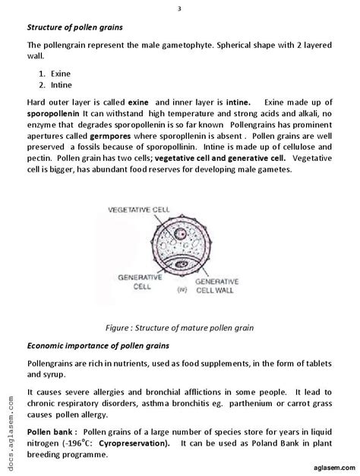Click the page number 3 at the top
coord(179,8)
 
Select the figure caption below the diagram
coord(180,327)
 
